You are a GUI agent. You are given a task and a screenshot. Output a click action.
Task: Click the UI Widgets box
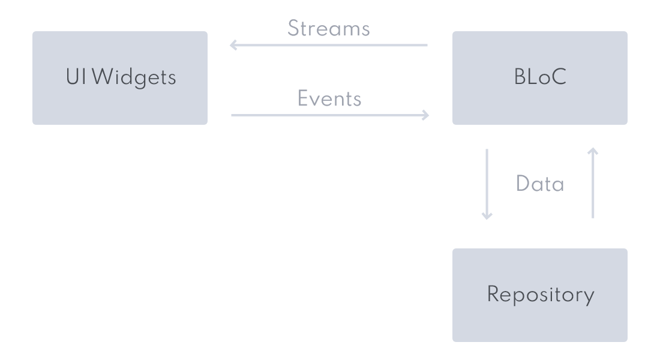click(x=120, y=78)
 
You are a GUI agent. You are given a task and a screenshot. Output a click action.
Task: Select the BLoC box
click(x=540, y=78)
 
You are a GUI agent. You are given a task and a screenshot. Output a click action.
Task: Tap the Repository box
click(x=540, y=295)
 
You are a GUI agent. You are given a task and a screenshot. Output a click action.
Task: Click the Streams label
click(x=329, y=29)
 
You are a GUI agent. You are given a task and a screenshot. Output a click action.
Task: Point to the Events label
click(x=329, y=98)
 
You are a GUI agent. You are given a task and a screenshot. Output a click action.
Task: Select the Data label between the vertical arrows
click(x=540, y=184)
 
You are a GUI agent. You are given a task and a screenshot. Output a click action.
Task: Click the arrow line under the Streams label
click(x=329, y=44)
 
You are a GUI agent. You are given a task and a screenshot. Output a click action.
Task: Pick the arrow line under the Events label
click(x=330, y=115)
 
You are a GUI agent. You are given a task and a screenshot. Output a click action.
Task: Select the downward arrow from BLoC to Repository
click(x=487, y=184)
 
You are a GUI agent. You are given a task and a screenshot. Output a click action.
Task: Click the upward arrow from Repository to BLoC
click(x=593, y=183)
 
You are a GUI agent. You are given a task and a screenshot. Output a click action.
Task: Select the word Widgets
click(x=134, y=78)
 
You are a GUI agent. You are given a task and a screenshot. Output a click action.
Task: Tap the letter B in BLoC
click(x=520, y=77)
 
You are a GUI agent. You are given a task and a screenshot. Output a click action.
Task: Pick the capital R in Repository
click(x=493, y=294)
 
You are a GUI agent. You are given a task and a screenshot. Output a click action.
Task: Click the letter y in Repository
click(x=589, y=297)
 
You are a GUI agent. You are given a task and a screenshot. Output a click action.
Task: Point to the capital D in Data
click(x=523, y=184)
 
